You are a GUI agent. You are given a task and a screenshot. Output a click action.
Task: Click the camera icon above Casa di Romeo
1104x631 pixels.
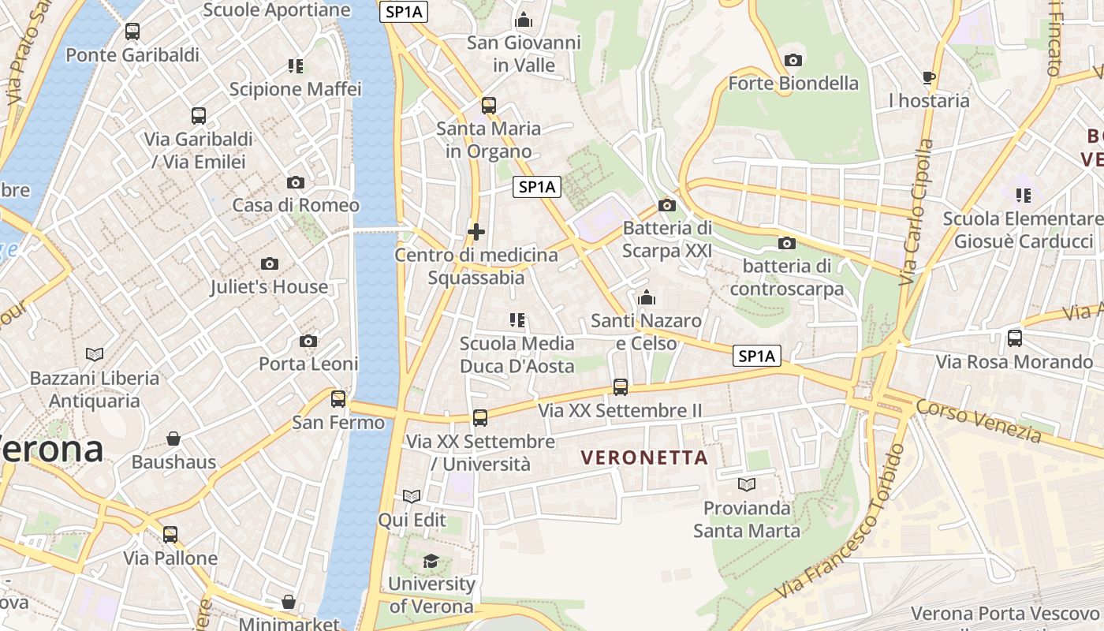(296, 182)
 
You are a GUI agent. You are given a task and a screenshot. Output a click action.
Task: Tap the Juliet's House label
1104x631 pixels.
(269, 287)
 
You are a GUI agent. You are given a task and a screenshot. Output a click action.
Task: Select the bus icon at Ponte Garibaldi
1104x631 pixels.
(132, 32)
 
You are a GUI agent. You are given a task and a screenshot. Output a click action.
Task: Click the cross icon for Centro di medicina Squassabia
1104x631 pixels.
(476, 232)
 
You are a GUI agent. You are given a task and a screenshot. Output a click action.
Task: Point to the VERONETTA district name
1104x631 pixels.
(644, 457)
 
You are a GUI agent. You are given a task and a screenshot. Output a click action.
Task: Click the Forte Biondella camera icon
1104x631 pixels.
(793, 60)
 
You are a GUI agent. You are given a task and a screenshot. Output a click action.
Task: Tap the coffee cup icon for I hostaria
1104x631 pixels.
(929, 77)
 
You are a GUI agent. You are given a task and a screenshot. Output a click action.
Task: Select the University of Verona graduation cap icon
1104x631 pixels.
(431, 561)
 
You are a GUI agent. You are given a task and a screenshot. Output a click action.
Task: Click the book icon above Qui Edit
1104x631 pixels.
(412, 496)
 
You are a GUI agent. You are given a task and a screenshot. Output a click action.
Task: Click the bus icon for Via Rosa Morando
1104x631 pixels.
(1015, 338)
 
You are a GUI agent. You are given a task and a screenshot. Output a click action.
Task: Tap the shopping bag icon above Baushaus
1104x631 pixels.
(173, 439)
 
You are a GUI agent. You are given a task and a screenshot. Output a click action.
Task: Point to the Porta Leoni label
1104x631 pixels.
(308, 364)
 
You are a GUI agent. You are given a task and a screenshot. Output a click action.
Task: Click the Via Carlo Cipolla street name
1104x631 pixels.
(917, 213)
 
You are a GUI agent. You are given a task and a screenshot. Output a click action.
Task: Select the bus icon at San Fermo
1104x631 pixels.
(338, 399)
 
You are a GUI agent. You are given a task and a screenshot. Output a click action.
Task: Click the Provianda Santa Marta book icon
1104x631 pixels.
(746, 484)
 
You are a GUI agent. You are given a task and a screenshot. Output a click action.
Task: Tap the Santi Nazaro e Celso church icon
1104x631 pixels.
(647, 297)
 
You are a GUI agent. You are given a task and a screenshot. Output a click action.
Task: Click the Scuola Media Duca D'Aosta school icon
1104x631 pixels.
(517, 319)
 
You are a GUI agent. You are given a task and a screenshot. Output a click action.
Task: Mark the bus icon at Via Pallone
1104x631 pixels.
(170, 535)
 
